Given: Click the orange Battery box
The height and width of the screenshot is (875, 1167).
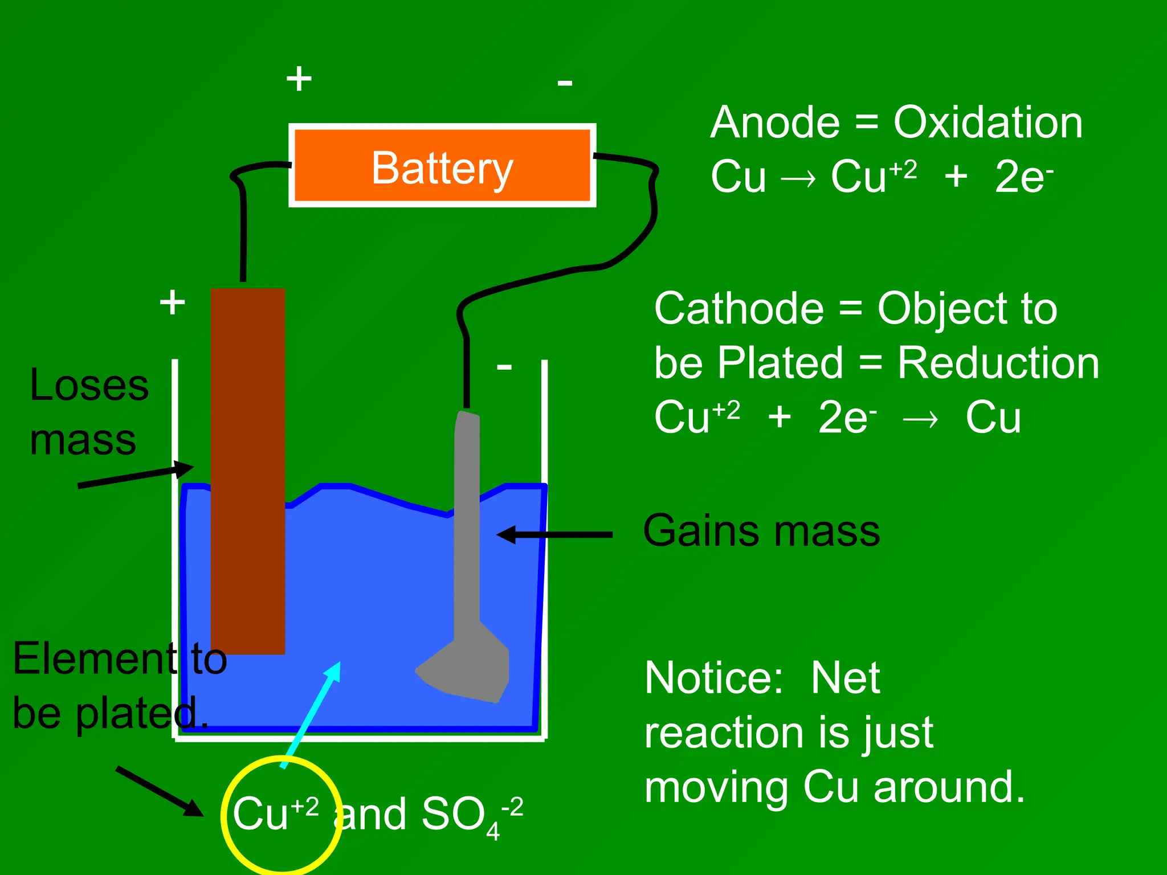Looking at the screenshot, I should tap(442, 165).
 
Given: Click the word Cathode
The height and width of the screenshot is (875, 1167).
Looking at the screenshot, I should tap(738, 309).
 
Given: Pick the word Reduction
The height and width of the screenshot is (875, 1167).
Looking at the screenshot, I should tap(998, 363).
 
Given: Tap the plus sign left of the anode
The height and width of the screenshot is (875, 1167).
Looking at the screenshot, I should tap(172, 302).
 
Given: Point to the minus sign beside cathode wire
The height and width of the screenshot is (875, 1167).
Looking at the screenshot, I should tap(504, 366).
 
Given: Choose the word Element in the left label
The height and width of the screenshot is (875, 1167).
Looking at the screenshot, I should tap(95, 659).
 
